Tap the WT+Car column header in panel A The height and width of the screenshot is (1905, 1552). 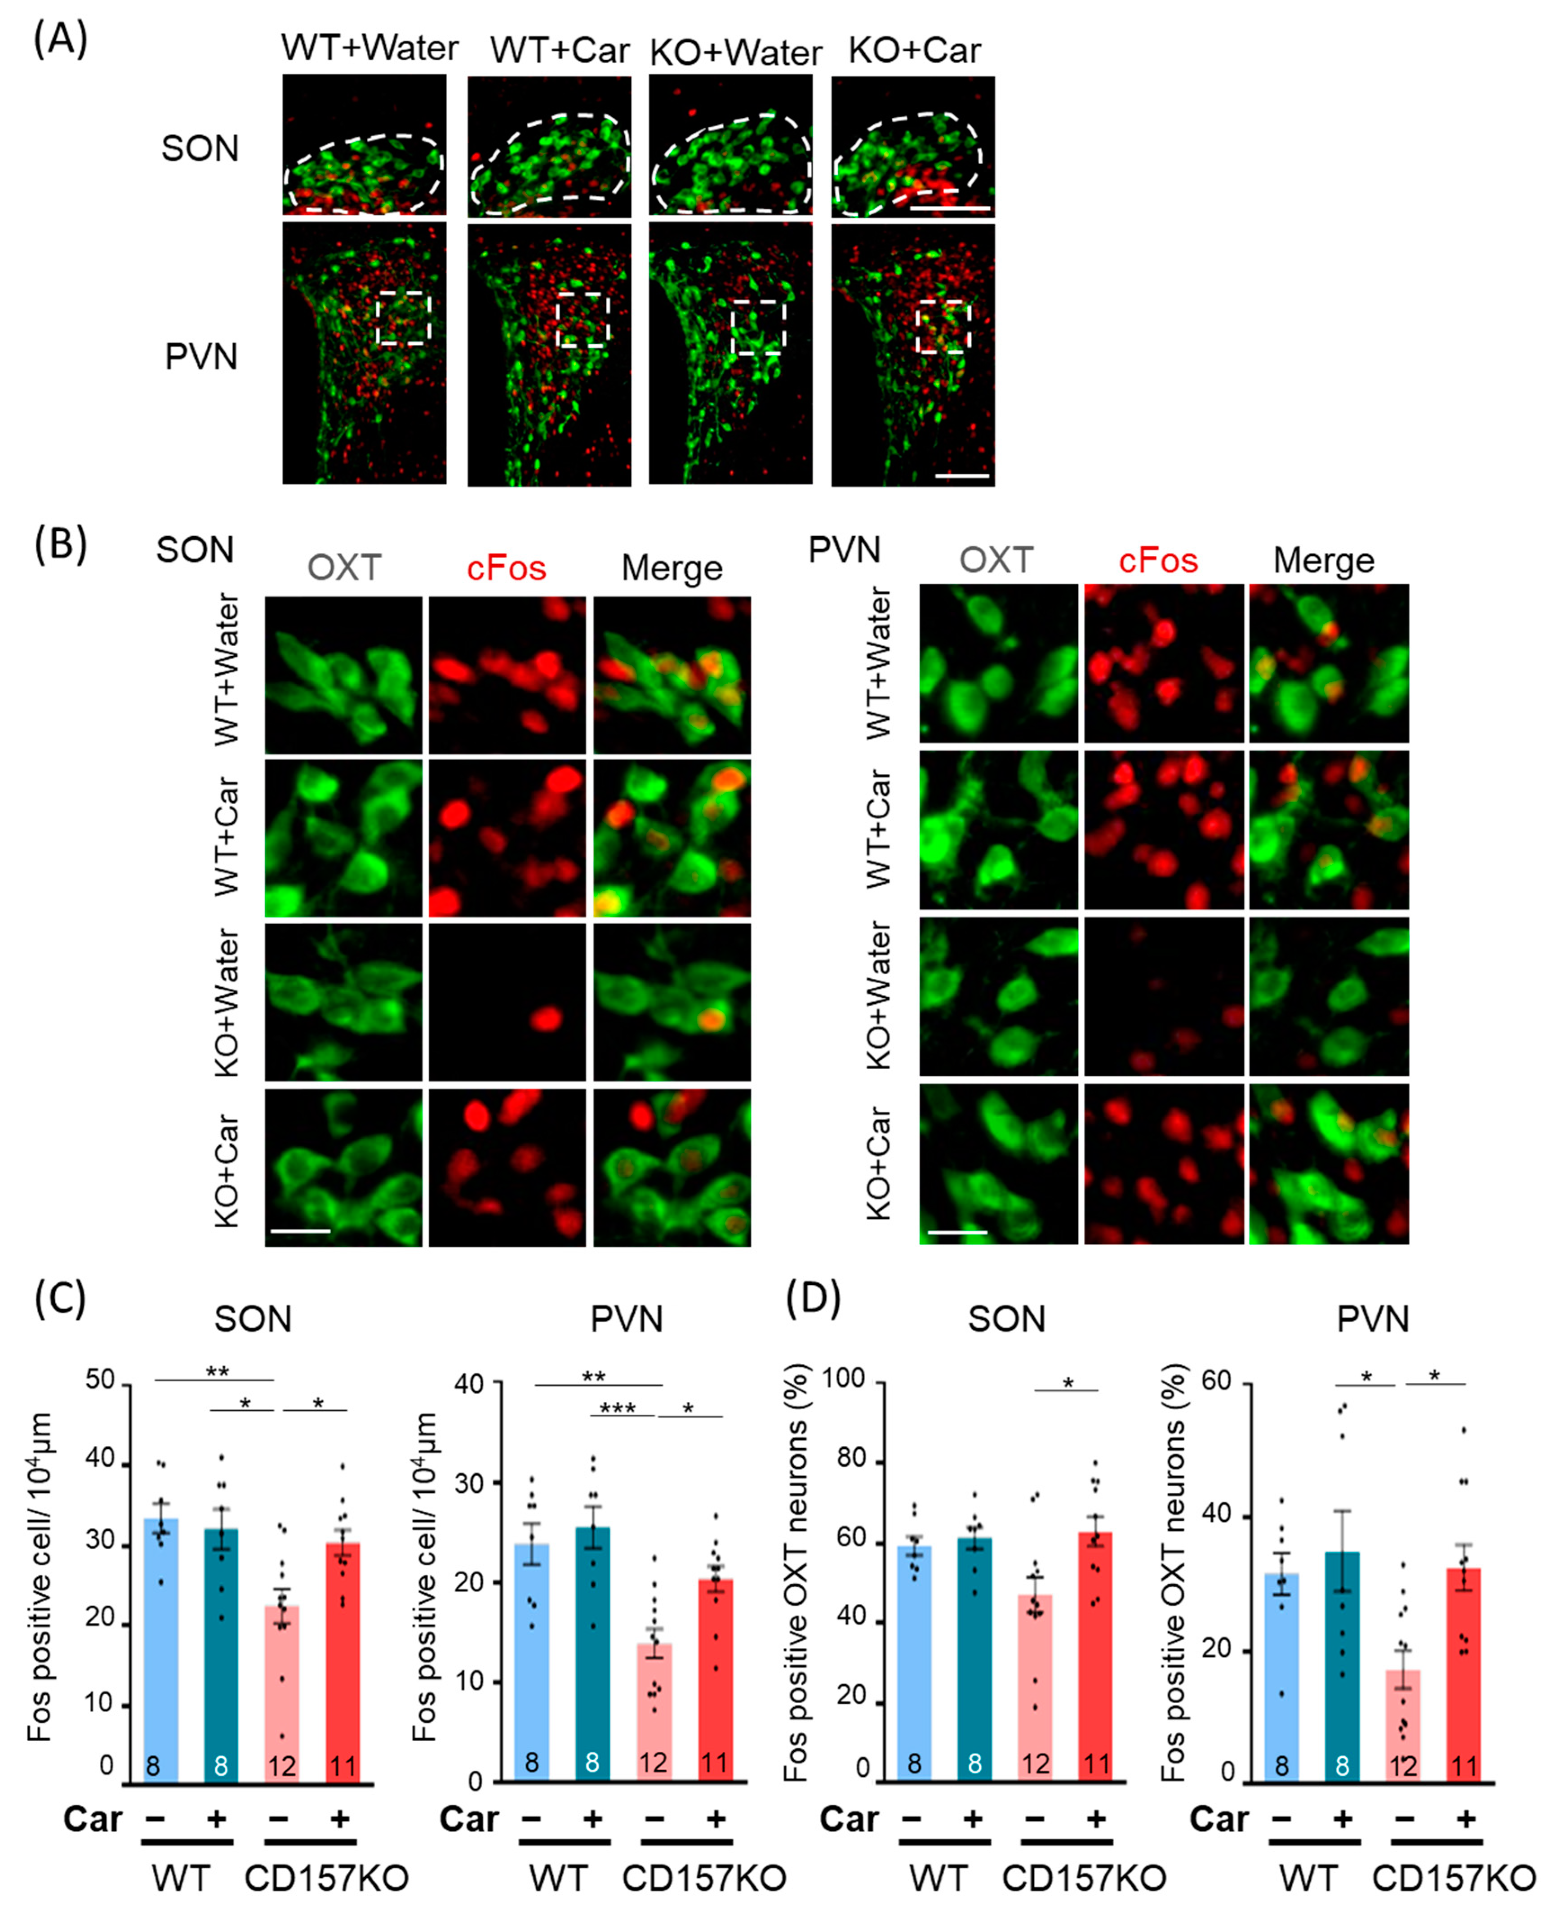(560, 50)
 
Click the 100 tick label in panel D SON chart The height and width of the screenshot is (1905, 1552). (843, 1377)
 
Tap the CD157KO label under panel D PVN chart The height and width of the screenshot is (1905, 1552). (1453, 1878)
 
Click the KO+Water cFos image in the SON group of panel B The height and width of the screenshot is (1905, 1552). (507, 1002)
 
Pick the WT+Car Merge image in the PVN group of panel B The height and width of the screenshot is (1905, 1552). (1329, 830)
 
